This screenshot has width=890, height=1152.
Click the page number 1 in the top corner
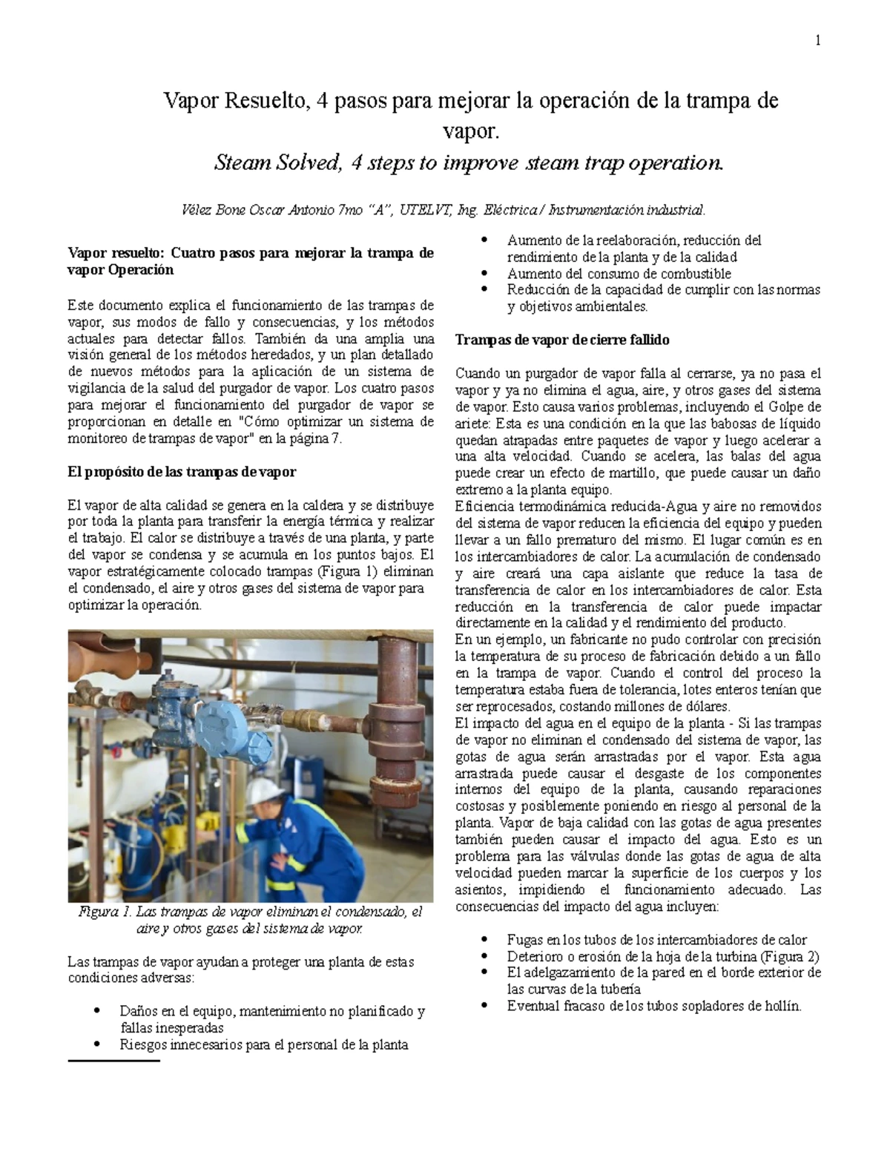click(817, 42)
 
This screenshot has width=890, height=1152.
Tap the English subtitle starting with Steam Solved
click(467, 162)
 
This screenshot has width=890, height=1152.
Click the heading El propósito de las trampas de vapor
click(181, 472)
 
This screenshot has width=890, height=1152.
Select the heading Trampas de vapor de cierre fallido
click(562, 340)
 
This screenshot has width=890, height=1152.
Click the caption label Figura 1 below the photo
click(105, 912)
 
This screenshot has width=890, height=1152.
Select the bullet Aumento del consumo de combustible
click(619, 274)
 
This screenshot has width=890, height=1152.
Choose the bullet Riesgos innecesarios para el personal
click(263, 1045)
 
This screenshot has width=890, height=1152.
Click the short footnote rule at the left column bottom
click(113, 1062)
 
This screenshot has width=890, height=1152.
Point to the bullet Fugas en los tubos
click(656, 939)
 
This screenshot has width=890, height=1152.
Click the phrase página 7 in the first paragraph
click(314, 438)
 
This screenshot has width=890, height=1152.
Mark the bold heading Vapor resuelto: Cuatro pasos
click(250, 253)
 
